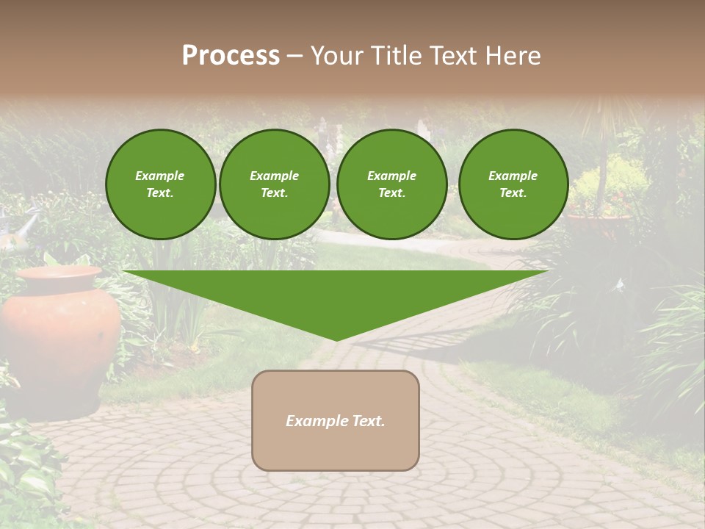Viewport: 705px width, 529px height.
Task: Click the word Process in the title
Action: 231,56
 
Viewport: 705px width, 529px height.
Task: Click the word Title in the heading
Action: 396,56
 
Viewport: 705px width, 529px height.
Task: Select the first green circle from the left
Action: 160,184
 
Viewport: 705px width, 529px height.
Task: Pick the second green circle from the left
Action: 274,184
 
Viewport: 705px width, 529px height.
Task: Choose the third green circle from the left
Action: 391,184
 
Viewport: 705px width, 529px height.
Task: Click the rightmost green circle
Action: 513,184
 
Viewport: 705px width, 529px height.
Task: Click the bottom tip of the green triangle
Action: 336,339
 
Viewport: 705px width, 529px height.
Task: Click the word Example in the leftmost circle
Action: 160,176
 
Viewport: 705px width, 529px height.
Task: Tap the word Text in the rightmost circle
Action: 513,193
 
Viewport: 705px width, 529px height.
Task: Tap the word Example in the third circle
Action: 391,176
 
